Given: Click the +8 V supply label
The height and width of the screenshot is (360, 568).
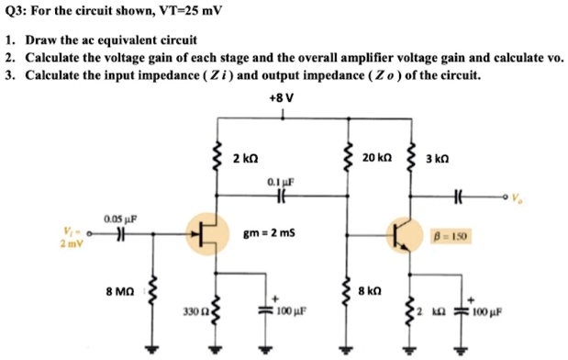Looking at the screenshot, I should (x=283, y=96).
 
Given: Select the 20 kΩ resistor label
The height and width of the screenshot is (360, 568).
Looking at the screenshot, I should (x=378, y=158).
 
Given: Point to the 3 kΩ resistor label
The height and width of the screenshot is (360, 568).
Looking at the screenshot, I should (x=440, y=158).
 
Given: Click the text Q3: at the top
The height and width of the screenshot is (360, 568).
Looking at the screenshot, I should (x=16, y=14).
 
